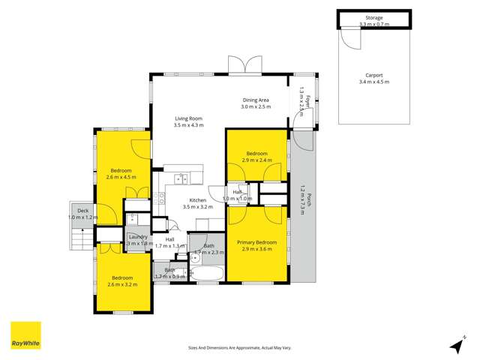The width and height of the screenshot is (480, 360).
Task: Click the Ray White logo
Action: coord(25,336)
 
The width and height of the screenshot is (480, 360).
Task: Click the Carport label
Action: coord(374,76)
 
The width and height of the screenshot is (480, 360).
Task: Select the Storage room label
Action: coord(374,17)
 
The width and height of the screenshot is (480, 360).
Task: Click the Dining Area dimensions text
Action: coord(256,107)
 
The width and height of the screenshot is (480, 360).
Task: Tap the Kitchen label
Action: coord(198,200)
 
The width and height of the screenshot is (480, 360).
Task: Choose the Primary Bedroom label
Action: coord(257,242)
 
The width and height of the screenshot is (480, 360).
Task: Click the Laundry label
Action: coord(139,237)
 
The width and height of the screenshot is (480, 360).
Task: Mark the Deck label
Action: coord(78,211)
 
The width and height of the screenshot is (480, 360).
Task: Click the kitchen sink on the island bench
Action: coord(181,178)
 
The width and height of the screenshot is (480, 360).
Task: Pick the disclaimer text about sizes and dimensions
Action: coord(240,348)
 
